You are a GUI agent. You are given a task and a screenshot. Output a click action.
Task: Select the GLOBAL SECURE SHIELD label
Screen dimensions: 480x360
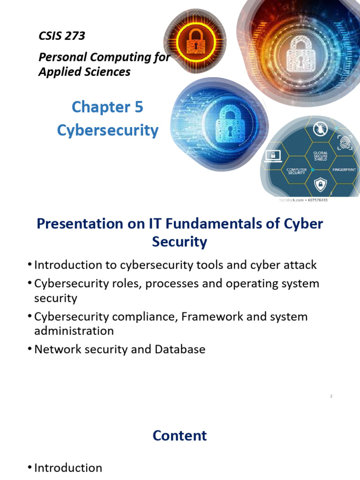coord(321,156)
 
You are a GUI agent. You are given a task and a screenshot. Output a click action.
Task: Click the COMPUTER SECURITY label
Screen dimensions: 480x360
coord(296,171)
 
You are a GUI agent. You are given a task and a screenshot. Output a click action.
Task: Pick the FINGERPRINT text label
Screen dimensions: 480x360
coord(345,169)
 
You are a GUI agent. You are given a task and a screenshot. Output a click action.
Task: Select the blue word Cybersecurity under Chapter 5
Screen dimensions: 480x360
coord(108,130)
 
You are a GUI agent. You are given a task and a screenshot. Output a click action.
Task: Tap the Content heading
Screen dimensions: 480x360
coord(180,435)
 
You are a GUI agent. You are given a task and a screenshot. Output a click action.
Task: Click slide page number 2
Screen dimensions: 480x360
coord(331,396)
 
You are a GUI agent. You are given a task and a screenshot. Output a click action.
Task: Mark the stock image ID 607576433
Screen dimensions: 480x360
coord(315,200)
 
